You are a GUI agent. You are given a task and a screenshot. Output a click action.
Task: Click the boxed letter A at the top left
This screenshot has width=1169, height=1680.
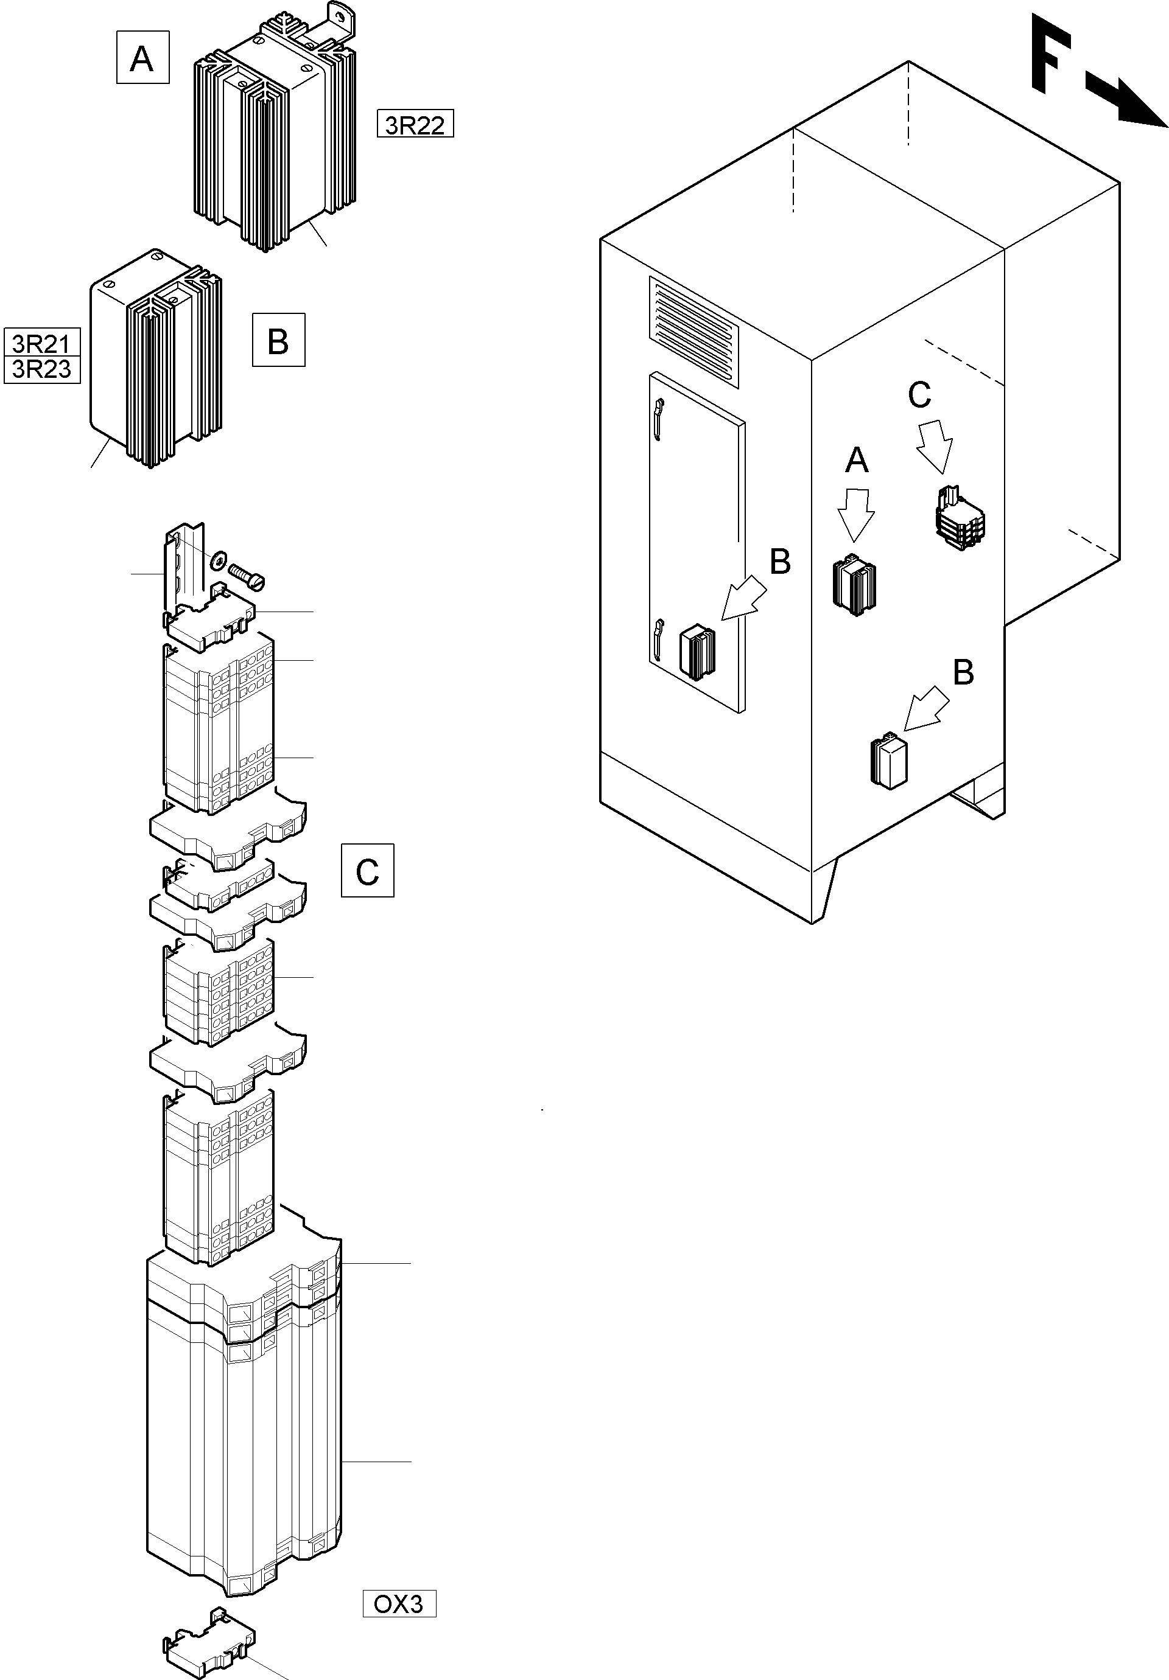[x=142, y=57]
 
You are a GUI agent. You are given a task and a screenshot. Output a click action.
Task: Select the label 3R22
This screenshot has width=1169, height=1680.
[x=415, y=124]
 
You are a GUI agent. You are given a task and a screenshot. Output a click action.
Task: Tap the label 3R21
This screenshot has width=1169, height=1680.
[x=42, y=343]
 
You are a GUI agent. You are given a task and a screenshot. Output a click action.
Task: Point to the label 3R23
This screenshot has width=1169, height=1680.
[x=42, y=369]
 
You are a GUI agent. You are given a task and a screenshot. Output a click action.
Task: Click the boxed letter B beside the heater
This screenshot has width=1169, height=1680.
[x=278, y=340]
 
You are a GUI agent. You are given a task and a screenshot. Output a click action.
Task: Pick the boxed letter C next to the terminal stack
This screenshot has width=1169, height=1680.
[x=368, y=871]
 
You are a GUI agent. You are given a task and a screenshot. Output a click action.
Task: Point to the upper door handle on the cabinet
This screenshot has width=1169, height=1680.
[x=658, y=420]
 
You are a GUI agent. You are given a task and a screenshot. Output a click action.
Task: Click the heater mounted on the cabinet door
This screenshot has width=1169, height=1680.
[x=697, y=654]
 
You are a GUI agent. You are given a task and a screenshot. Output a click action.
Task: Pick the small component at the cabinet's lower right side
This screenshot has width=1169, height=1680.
[x=888, y=761]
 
